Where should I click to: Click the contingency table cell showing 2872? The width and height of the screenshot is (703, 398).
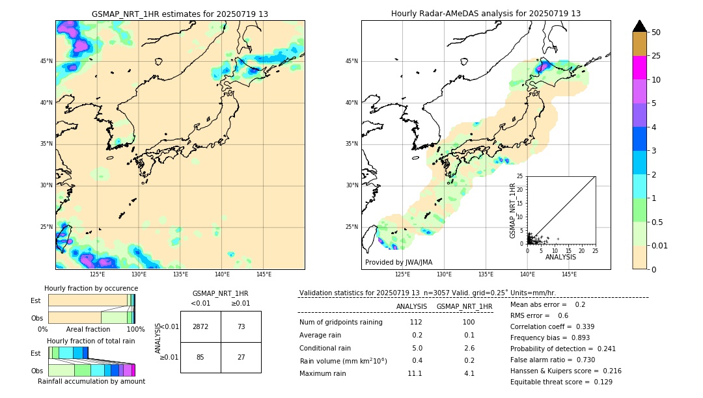[200, 326]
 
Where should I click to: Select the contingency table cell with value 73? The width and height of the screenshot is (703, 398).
[241, 326]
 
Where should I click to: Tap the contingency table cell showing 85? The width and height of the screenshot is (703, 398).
[200, 357]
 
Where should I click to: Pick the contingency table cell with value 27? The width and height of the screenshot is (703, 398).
[241, 357]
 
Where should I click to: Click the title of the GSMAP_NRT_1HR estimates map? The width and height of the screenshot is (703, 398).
[180, 14]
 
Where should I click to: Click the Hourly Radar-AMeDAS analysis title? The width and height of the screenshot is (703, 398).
[486, 14]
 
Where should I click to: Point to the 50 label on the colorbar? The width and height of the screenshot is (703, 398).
[656, 33]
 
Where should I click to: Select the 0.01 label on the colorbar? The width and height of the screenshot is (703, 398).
[660, 246]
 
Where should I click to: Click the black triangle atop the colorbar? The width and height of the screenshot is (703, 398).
[640, 26]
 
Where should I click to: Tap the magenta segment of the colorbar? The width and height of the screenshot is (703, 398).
[640, 68]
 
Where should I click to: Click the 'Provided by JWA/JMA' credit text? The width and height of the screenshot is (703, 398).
[398, 263]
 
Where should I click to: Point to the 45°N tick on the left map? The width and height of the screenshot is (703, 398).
[46, 61]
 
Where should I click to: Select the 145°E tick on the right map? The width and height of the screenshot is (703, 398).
[569, 274]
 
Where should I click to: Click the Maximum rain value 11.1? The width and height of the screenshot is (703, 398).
[415, 373]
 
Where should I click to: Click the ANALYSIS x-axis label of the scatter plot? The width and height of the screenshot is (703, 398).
[560, 257]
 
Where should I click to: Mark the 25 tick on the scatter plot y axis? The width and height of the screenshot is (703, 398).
[520, 176]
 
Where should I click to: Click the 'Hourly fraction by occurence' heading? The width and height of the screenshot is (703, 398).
[91, 288]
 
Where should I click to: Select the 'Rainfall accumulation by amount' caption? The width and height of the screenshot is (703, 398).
[91, 381]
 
